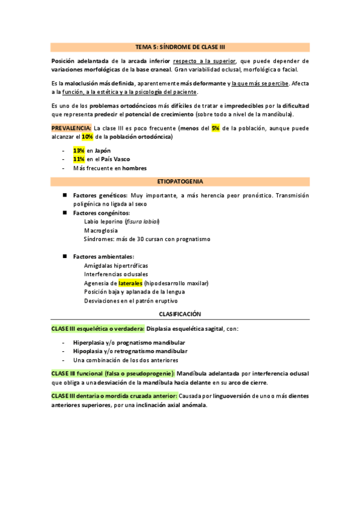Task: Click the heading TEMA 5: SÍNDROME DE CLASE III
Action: (x=180, y=46)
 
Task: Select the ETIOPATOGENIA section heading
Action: (x=180, y=181)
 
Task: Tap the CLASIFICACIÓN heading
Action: (x=180, y=314)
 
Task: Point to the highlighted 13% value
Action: (x=79, y=150)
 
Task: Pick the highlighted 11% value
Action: (x=79, y=159)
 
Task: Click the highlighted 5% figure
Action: (x=215, y=128)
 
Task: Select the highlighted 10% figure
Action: (x=87, y=137)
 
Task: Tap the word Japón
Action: (x=103, y=150)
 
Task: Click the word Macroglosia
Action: (x=101, y=230)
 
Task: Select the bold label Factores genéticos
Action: (x=100, y=195)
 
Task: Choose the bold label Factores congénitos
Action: (x=102, y=213)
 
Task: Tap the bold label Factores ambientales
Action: (x=103, y=257)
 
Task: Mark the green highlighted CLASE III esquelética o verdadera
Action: (x=97, y=329)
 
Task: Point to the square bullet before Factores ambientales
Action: (x=63, y=257)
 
